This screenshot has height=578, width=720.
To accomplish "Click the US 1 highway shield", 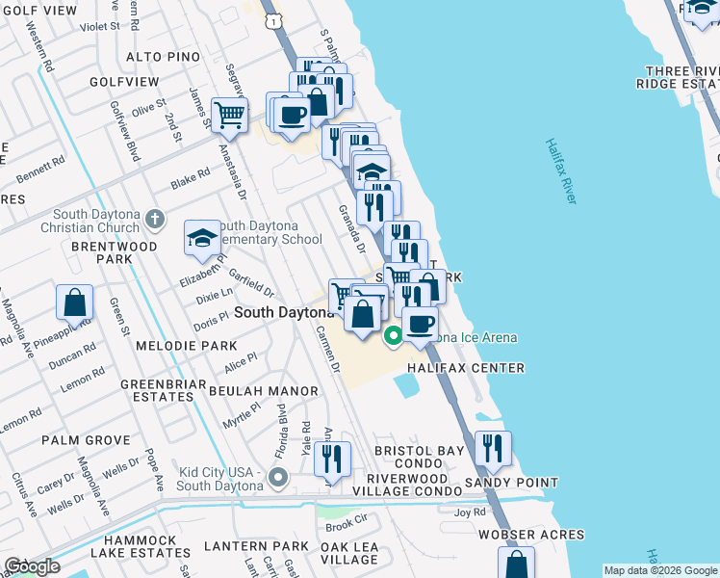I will (x=275, y=19).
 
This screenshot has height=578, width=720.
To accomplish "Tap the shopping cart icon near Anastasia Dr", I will (x=230, y=115).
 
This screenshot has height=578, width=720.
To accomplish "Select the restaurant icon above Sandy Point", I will (x=493, y=447).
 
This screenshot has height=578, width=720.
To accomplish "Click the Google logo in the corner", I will (x=31, y=566).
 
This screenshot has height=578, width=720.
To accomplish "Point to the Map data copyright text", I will (x=659, y=570).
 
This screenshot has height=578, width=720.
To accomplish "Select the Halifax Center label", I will (x=465, y=368).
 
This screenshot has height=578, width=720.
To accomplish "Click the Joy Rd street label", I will (x=470, y=513).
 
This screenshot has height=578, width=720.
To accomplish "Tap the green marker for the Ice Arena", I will (x=393, y=336).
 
